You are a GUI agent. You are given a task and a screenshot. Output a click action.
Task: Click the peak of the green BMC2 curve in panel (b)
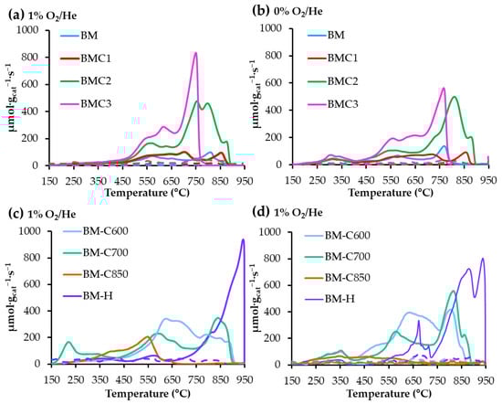(x=454, y=97)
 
